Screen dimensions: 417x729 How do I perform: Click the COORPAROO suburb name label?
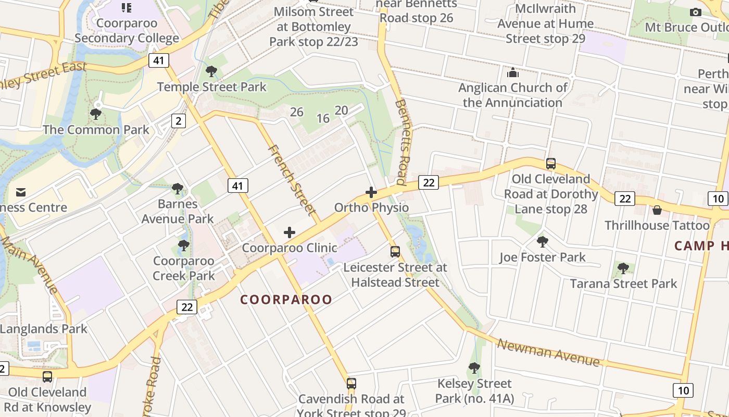click(286, 300)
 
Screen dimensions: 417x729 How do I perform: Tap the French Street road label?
click(292, 180)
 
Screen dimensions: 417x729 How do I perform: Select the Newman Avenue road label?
click(548, 352)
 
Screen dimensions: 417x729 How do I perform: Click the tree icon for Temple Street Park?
click(211, 71)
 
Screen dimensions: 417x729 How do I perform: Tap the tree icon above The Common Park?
click(96, 114)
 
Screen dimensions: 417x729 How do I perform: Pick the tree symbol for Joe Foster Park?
click(543, 241)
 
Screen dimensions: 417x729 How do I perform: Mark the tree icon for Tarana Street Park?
click(623, 268)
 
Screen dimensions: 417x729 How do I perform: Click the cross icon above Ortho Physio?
click(371, 192)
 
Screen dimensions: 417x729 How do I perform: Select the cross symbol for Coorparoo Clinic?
click(290, 232)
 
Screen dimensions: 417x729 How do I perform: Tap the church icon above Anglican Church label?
click(513, 72)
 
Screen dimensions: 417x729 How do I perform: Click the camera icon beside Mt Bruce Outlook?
click(695, 12)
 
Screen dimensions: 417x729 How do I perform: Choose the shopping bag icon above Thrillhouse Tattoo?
click(657, 210)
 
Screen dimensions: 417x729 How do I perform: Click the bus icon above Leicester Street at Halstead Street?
click(395, 252)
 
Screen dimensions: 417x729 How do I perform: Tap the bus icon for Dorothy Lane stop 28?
click(551, 164)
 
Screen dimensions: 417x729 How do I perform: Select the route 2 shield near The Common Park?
click(179, 121)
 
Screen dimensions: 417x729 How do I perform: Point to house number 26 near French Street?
click(297, 112)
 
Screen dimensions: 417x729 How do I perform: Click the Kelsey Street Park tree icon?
click(474, 367)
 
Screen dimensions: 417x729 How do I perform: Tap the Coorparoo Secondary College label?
click(127, 30)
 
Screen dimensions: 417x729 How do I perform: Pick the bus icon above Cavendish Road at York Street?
click(351, 384)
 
